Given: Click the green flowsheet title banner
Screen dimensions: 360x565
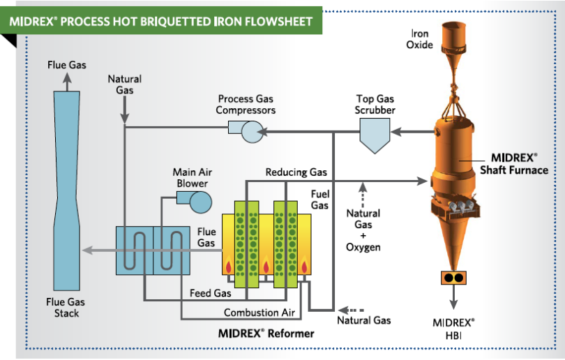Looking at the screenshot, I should click(x=162, y=21).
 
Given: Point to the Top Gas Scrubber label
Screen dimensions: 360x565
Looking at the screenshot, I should click(x=376, y=105).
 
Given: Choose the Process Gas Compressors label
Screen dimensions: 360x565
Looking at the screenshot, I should click(x=246, y=105).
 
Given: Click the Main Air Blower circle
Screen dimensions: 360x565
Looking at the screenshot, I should click(x=201, y=202).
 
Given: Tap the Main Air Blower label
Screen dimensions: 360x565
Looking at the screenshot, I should click(x=190, y=178).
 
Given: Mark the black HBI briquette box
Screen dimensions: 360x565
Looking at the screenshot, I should click(x=453, y=277).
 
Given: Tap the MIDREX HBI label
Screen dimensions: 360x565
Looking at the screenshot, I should click(x=453, y=329).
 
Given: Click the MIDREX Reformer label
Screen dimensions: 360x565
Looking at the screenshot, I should click(x=266, y=333).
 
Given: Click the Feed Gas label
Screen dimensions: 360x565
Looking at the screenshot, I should click(x=210, y=293).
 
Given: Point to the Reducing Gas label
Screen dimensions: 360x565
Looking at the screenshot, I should click(x=296, y=172).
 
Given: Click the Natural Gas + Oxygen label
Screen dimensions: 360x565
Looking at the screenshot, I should click(x=363, y=230).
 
